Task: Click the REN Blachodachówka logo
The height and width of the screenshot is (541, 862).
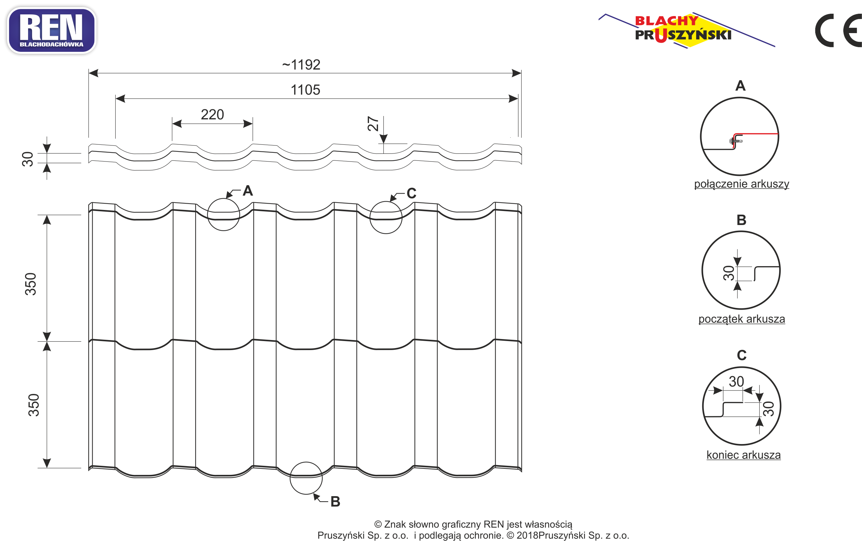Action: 51,30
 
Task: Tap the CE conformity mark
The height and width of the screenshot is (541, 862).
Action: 838,30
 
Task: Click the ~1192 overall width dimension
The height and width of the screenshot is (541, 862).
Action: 301,65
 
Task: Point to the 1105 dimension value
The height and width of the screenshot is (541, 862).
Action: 305,90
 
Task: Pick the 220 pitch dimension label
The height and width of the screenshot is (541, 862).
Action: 212,114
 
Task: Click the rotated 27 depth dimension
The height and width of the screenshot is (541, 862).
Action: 373,123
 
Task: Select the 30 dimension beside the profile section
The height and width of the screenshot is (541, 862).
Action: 27,159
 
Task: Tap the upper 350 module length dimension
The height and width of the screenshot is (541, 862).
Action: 30,284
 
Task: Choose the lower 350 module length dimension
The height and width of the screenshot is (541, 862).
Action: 34,405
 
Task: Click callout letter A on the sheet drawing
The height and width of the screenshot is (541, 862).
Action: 248,191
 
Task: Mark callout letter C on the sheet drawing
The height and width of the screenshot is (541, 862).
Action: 411,193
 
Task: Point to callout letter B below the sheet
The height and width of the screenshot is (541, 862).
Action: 335,502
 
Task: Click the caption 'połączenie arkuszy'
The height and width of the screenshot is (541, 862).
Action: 741,184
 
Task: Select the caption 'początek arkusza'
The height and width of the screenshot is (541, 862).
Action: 741,319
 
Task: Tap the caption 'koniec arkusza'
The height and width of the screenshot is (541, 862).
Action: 743,455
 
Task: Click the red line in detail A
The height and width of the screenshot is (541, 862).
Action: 755,134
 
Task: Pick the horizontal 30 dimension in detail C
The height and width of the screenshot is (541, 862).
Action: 736,382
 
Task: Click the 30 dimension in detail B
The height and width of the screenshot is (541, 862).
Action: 729,273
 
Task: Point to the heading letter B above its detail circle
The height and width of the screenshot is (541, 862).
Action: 741,220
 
